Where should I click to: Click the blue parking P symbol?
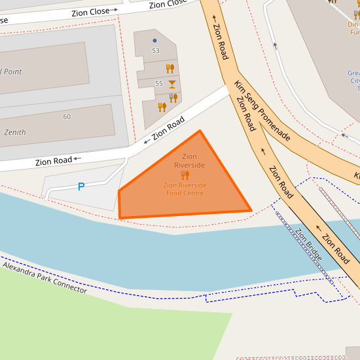81,187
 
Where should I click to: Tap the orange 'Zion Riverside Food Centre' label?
185,189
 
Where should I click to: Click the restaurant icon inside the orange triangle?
185,175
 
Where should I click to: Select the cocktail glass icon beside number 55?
172,84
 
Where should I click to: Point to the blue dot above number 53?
154,41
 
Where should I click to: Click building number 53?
155,50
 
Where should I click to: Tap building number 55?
159,84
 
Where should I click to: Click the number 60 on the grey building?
67,117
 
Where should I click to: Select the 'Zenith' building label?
15,132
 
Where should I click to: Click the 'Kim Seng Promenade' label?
262,111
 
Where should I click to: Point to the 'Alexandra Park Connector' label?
45,277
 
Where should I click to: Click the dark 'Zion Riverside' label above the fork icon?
189,161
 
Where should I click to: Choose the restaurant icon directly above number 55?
170,67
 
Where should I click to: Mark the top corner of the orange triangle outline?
200,131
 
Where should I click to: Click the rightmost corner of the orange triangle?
251,211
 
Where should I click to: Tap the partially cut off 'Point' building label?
12,71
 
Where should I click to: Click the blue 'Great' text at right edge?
353,73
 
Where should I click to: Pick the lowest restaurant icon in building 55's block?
162,107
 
